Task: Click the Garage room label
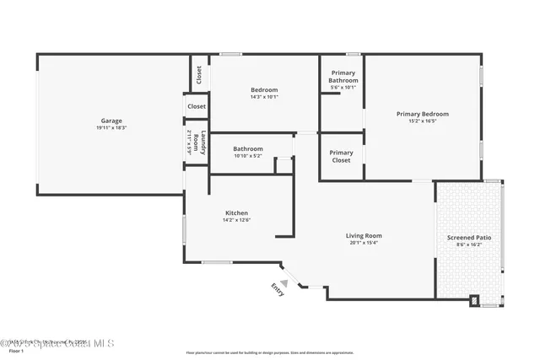click(x=111, y=121)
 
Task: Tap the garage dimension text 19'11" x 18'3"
click(x=111, y=127)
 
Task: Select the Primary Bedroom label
click(x=423, y=114)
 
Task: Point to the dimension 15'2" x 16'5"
click(x=423, y=121)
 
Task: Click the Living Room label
click(x=364, y=235)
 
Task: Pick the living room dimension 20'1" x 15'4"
click(x=364, y=243)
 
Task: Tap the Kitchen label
click(x=236, y=212)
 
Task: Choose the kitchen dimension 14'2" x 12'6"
click(x=236, y=220)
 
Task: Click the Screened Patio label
click(x=468, y=238)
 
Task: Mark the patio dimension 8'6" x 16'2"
click(x=468, y=244)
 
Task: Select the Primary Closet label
click(x=342, y=156)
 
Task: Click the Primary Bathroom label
click(x=343, y=77)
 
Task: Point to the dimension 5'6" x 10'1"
click(x=343, y=87)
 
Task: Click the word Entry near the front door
click(x=278, y=289)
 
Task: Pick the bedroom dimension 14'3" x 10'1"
click(x=264, y=97)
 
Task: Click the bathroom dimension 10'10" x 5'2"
click(x=248, y=155)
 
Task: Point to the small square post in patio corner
click(x=474, y=298)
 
